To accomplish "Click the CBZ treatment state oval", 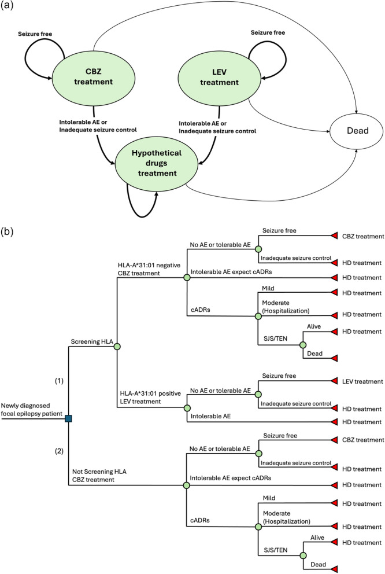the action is (93, 77).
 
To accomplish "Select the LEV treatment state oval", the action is (219, 78).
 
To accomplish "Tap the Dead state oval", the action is (357, 131).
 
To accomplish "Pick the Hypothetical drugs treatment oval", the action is (157, 163).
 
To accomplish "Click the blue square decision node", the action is (68, 418).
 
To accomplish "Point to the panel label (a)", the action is (7, 6).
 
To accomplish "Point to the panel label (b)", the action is (7, 231).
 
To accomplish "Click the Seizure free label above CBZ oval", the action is (35, 34).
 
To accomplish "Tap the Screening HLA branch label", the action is (92, 341).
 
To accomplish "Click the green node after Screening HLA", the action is (117, 346).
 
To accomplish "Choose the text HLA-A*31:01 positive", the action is (151, 393).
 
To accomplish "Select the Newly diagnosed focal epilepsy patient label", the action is (32, 410).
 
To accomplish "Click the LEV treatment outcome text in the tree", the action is (362, 381).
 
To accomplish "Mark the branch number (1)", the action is (59, 381).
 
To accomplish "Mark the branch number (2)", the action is (59, 451).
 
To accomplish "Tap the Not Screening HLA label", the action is (99, 472).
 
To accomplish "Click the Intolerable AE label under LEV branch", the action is (210, 416).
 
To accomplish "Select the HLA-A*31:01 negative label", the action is (149, 266).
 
